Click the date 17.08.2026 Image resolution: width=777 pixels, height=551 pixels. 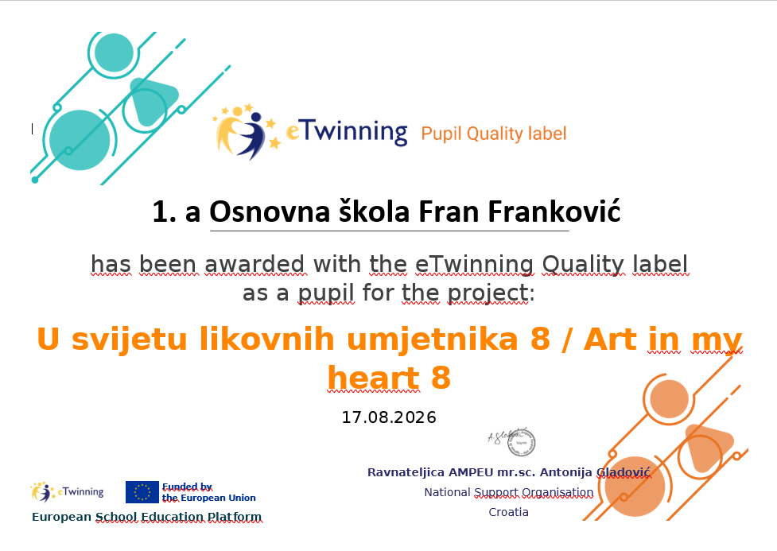[389, 417]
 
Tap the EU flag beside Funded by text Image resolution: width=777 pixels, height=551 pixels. [142, 492]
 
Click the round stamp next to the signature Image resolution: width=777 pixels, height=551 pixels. [521, 442]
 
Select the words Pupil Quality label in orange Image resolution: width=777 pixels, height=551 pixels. [494, 134]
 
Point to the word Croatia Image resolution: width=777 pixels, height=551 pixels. [508, 512]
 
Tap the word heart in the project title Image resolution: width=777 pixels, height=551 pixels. [374, 378]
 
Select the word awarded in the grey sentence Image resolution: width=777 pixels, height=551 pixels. [254, 264]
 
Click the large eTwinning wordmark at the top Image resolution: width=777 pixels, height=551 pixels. [347, 132]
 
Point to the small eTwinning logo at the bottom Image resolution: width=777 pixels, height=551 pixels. [67, 491]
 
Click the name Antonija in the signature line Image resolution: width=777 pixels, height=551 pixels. [566, 472]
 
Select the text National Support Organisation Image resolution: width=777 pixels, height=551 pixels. [508, 492]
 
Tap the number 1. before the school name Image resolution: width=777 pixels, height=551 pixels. [164, 212]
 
